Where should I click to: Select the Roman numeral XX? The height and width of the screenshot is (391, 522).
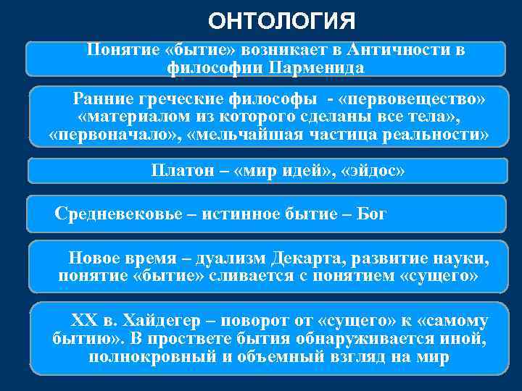tap(83, 320)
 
